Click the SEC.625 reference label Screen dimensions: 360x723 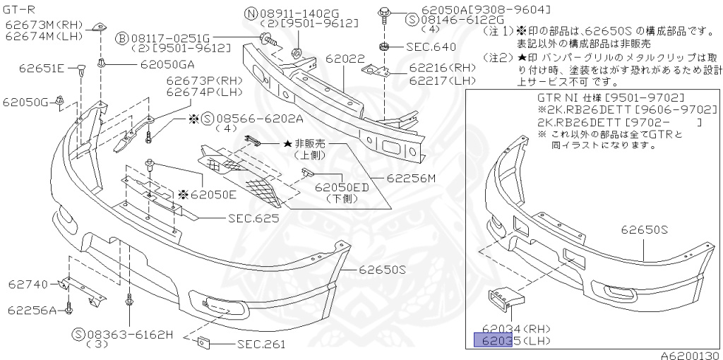click(x=253, y=218)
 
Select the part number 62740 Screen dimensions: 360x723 click(x=28, y=284)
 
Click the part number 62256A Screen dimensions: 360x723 click(x=32, y=309)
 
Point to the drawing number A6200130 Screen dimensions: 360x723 click(x=690, y=355)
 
